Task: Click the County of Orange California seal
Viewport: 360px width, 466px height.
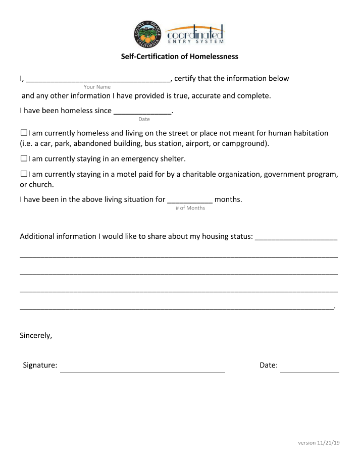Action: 147,34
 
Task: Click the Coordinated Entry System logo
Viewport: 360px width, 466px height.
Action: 195,34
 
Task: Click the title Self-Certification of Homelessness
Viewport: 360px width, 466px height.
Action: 179,57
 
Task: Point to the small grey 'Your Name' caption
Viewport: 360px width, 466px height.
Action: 97,87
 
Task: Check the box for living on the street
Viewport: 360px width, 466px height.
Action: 24,133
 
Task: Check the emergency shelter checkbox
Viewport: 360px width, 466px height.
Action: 24,159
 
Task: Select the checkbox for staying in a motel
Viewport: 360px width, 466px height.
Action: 24,174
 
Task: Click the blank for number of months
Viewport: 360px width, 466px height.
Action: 190,200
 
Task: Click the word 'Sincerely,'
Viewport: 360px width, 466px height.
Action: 36,335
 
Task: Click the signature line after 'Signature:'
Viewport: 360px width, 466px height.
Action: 142,368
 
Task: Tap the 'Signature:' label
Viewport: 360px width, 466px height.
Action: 40,365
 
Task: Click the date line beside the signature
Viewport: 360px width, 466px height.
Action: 310,368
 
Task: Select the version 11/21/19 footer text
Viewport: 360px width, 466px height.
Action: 319,443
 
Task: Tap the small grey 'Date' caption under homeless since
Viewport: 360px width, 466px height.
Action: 144,119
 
